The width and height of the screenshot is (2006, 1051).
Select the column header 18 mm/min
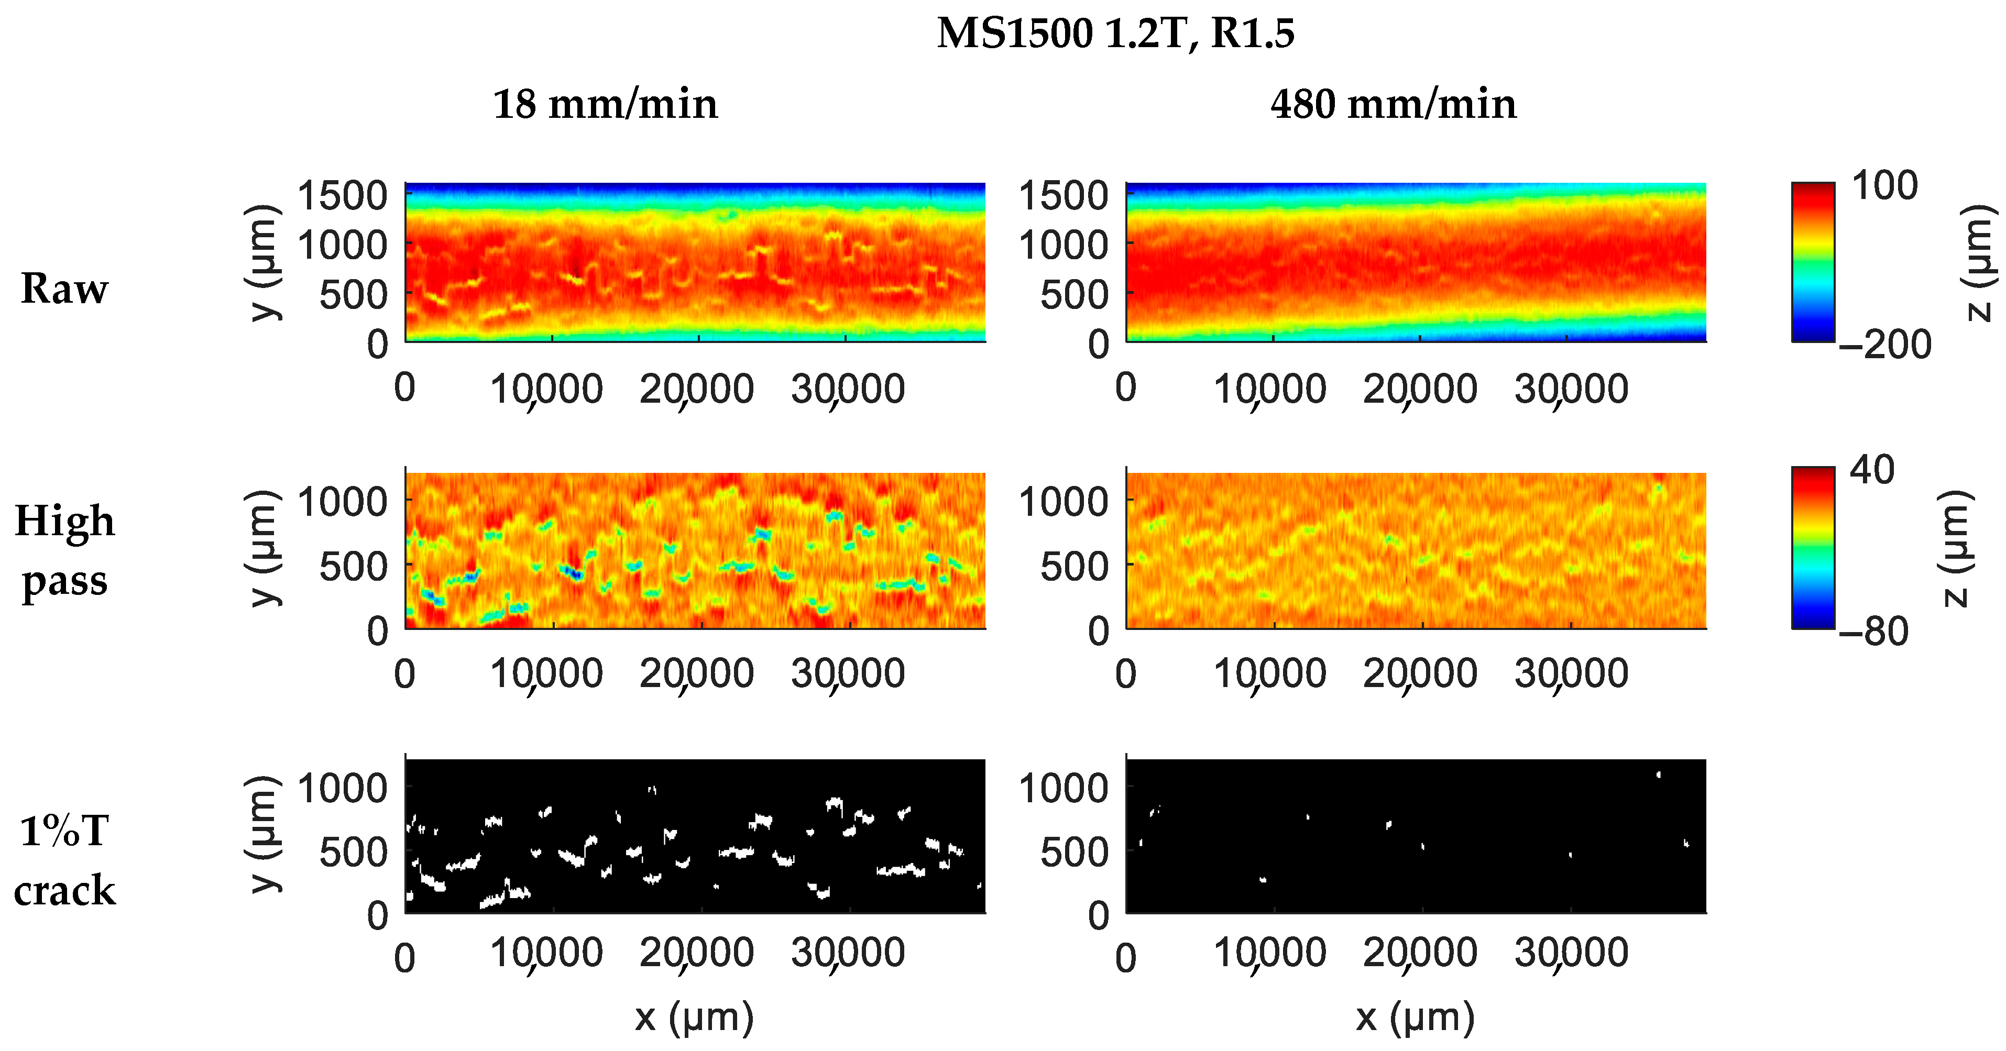coord(605,104)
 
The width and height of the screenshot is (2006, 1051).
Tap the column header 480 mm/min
coord(1393,104)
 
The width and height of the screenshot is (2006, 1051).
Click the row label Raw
coord(64,289)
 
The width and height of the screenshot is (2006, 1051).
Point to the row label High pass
coord(64,550)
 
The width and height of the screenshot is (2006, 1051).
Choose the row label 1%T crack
coord(64,860)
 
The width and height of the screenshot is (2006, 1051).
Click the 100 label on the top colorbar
coord(1884,186)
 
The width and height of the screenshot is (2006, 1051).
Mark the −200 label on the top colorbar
coord(1884,344)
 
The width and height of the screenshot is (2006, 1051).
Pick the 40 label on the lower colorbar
coord(1872,470)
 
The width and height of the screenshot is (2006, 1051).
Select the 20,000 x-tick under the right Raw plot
coord(1420,389)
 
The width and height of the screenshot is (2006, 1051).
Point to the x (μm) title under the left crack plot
coord(694,1017)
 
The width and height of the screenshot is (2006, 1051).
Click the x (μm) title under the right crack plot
coord(1415,1017)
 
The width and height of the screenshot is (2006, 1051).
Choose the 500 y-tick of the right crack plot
coord(1075,853)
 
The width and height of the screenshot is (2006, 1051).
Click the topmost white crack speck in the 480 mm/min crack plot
coord(1658,775)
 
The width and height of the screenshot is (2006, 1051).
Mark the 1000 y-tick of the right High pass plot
coord(1064,502)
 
